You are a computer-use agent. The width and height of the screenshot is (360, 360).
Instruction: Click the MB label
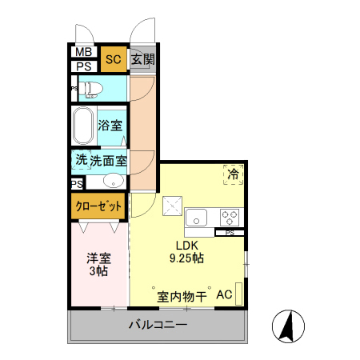(x=83, y=53)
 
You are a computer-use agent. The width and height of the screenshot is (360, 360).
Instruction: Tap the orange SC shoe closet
(x=113, y=59)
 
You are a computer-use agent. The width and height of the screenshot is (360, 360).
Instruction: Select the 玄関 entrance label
(x=142, y=59)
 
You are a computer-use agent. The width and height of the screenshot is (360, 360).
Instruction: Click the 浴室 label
(x=110, y=126)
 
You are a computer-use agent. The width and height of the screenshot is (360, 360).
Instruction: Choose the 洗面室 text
(x=108, y=160)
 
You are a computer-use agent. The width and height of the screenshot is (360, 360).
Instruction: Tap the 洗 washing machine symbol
(x=81, y=160)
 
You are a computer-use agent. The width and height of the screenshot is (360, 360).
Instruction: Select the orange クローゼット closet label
(x=99, y=206)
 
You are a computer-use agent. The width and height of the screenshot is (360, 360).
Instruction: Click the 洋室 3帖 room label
(x=98, y=265)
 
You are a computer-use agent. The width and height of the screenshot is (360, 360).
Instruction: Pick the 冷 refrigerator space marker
(x=234, y=174)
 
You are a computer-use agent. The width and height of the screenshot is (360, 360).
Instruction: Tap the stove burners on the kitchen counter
(x=230, y=216)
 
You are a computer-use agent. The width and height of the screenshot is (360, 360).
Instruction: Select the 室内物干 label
(x=182, y=296)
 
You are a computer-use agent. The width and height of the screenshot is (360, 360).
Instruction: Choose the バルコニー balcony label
(x=158, y=326)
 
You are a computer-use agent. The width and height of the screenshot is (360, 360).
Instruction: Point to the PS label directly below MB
(x=83, y=66)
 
